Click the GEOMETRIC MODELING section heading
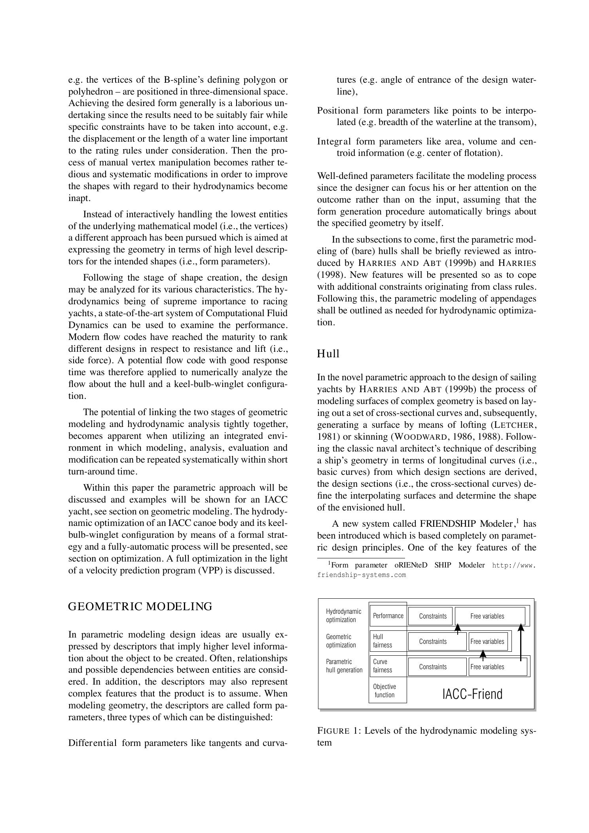[x=140, y=606]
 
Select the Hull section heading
[x=328, y=354]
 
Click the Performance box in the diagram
[x=388, y=616]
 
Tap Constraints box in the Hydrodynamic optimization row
[x=432, y=616]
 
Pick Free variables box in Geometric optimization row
[x=487, y=641]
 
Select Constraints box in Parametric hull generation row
[x=432, y=667]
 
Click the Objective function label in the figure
[x=384, y=691]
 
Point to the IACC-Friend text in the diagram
[x=472, y=694]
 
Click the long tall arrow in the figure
[x=521, y=643]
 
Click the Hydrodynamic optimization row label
[x=343, y=615]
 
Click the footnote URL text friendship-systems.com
[x=361, y=575]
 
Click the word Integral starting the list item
[x=334, y=141]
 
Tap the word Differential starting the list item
[x=93, y=743]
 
